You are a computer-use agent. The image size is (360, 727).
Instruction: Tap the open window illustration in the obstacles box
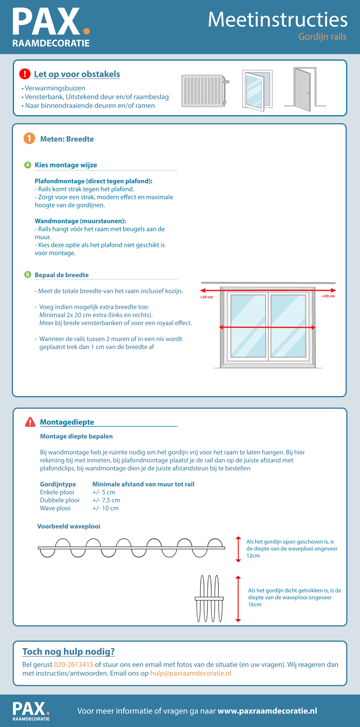point(257,90)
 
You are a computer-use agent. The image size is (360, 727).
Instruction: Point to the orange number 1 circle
point(29,139)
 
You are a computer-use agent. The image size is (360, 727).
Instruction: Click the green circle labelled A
point(27,165)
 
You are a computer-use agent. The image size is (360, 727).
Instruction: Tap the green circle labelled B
point(27,275)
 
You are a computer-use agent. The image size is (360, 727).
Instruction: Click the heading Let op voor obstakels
point(77,74)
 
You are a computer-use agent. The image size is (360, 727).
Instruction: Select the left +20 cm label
point(207,298)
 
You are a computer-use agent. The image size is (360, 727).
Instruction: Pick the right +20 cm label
point(328,296)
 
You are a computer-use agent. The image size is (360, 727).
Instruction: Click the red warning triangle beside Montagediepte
point(30,422)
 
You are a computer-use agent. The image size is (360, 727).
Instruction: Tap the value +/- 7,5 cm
point(106,500)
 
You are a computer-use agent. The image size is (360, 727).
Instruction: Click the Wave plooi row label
point(55,508)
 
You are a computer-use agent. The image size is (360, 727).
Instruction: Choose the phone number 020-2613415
point(74,664)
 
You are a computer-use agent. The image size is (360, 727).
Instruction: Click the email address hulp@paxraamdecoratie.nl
point(191,673)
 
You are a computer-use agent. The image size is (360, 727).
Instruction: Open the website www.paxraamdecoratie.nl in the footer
point(267,711)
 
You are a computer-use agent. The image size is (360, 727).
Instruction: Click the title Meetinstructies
point(278,20)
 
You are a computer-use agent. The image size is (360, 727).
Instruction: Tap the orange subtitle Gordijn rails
point(322,37)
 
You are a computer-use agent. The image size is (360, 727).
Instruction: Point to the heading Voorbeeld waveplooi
point(69,526)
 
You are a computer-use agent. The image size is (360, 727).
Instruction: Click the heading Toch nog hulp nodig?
point(69,652)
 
